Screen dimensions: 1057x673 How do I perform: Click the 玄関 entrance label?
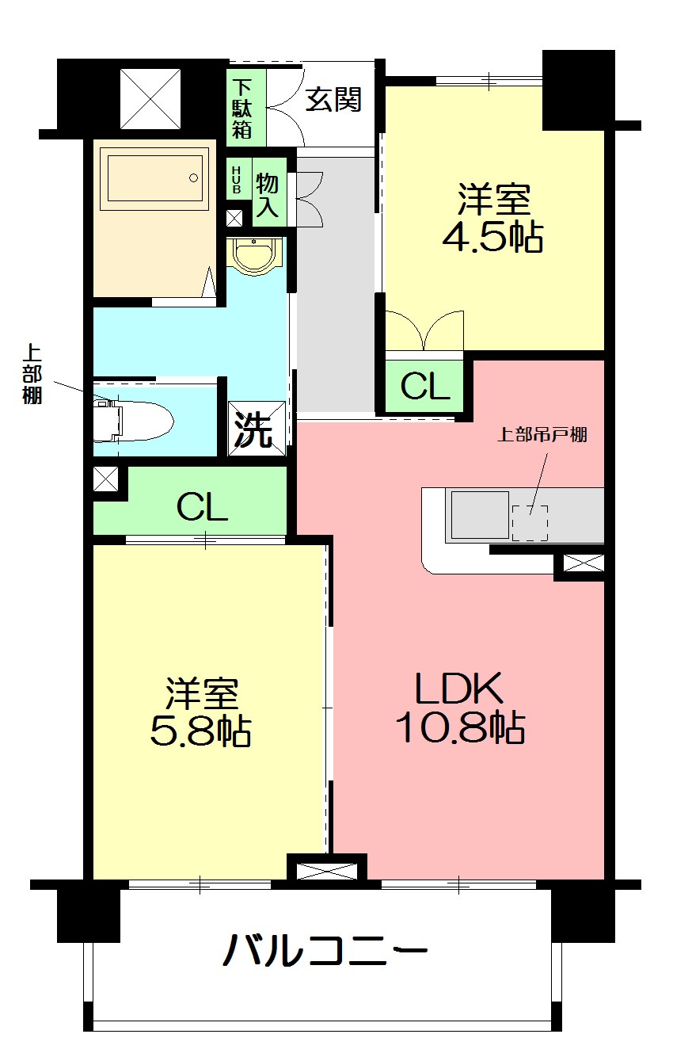coord(334,100)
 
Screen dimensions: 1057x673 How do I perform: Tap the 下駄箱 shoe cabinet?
coord(241,107)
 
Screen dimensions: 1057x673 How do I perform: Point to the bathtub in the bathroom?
coord(156,177)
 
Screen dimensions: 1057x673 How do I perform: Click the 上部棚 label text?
coord(32,374)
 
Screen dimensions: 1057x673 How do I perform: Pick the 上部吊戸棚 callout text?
coord(542,434)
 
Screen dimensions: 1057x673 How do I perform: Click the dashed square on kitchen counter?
coord(529,522)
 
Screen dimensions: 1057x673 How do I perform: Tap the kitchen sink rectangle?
coord(479,514)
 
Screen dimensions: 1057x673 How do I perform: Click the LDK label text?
coord(459,688)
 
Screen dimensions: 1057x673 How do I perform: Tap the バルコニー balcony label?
coord(325,949)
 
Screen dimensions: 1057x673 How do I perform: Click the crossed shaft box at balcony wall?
coord(326,870)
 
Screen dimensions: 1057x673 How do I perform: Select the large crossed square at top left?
coord(150,98)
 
